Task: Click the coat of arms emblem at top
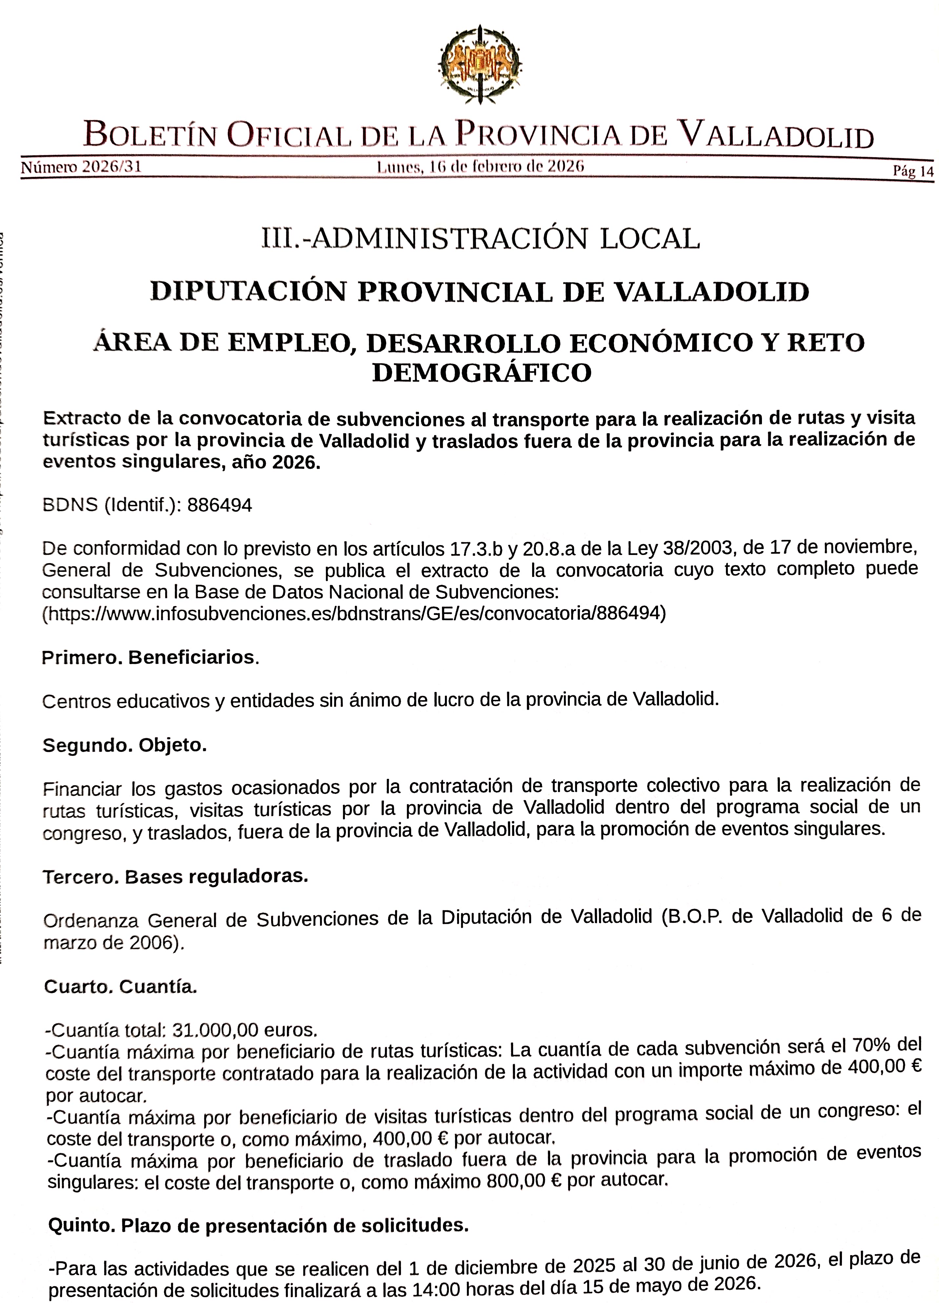click(480, 64)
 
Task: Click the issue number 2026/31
click(111, 167)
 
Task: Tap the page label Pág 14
click(912, 171)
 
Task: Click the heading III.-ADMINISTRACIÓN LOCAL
click(480, 238)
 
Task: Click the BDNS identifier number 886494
click(220, 505)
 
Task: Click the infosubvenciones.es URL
click(354, 614)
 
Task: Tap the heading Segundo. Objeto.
click(124, 745)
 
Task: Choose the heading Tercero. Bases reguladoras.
click(175, 877)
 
